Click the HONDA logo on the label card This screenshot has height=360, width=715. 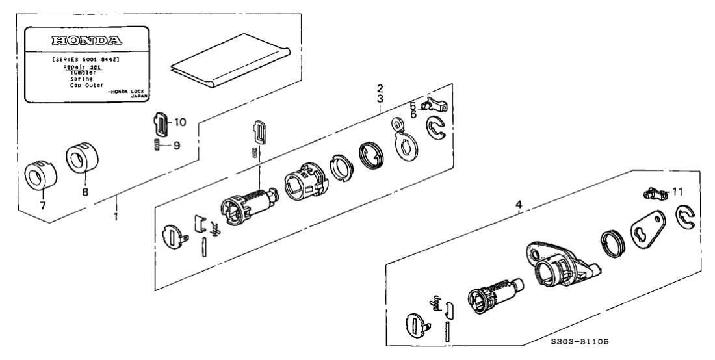pyautogui.click(x=86, y=40)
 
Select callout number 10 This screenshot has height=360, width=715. pyautogui.click(x=180, y=122)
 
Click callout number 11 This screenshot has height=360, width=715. pyautogui.click(x=678, y=192)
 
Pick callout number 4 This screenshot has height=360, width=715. pyautogui.click(x=518, y=206)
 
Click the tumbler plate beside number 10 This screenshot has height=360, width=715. pyautogui.click(x=160, y=122)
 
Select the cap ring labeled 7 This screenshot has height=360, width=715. pyautogui.click(x=40, y=175)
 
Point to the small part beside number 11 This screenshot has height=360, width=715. pyautogui.click(x=653, y=193)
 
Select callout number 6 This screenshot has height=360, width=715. pyautogui.click(x=412, y=114)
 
